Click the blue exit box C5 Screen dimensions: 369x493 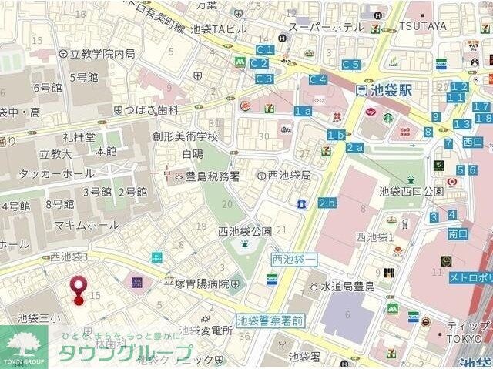click(350, 65)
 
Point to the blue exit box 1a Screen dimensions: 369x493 click(303, 111)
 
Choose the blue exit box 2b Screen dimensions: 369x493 click(327, 203)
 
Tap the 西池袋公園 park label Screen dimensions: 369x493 click(245, 231)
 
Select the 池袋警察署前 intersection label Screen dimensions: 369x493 click(269, 320)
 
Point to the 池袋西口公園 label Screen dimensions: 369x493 click(411, 191)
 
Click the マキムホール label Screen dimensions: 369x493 click(86, 224)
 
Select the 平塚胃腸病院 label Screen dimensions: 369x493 click(196, 283)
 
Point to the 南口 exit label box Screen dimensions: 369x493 click(458, 233)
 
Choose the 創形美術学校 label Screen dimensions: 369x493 click(185, 136)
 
